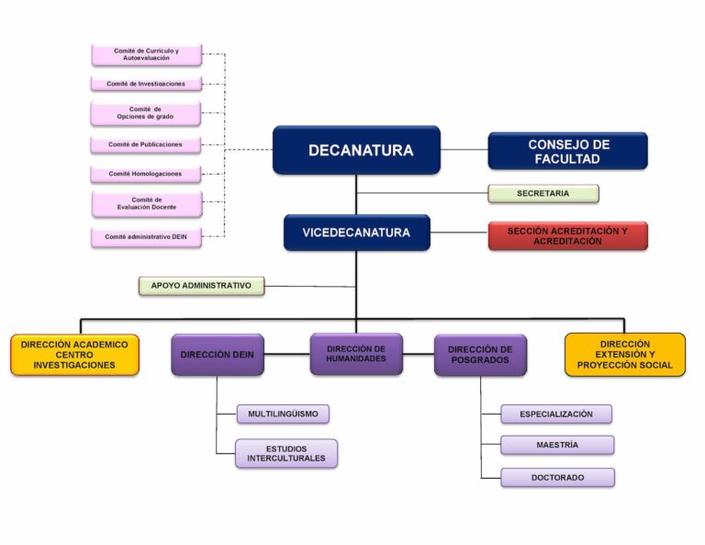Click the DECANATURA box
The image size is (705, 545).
[x=356, y=150]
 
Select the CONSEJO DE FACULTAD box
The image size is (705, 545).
[x=567, y=151]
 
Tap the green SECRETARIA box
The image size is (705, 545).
[x=543, y=193]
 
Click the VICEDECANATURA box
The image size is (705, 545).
[x=356, y=233]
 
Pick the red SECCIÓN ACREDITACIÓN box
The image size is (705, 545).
[x=567, y=235]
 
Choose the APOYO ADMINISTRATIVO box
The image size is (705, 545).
[x=201, y=286]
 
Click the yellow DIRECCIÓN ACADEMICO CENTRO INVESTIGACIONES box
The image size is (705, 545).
[x=74, y=354]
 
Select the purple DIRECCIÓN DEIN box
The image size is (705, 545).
[x=217, y=354]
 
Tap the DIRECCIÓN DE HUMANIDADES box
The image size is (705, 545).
[x=356, y=353]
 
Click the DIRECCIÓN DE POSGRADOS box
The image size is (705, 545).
[x=480, y=355]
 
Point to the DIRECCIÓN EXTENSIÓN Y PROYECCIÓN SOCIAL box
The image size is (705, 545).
[x=624, y=354]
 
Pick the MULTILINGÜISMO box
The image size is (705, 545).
[x=283, y=414]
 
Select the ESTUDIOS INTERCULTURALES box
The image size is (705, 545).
[x=285, y=453]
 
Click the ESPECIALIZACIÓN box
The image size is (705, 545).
[x=556, y=414]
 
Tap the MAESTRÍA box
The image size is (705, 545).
[x=557, y=445]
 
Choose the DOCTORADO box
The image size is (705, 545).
[x=557, y=477]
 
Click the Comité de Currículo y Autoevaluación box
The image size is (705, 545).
[x=146, y=54]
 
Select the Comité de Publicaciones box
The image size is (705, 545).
[x=146, y=144]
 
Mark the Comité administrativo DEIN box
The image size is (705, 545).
[x=146, y=236]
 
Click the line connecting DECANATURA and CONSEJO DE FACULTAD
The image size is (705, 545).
[x=464, y=150]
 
